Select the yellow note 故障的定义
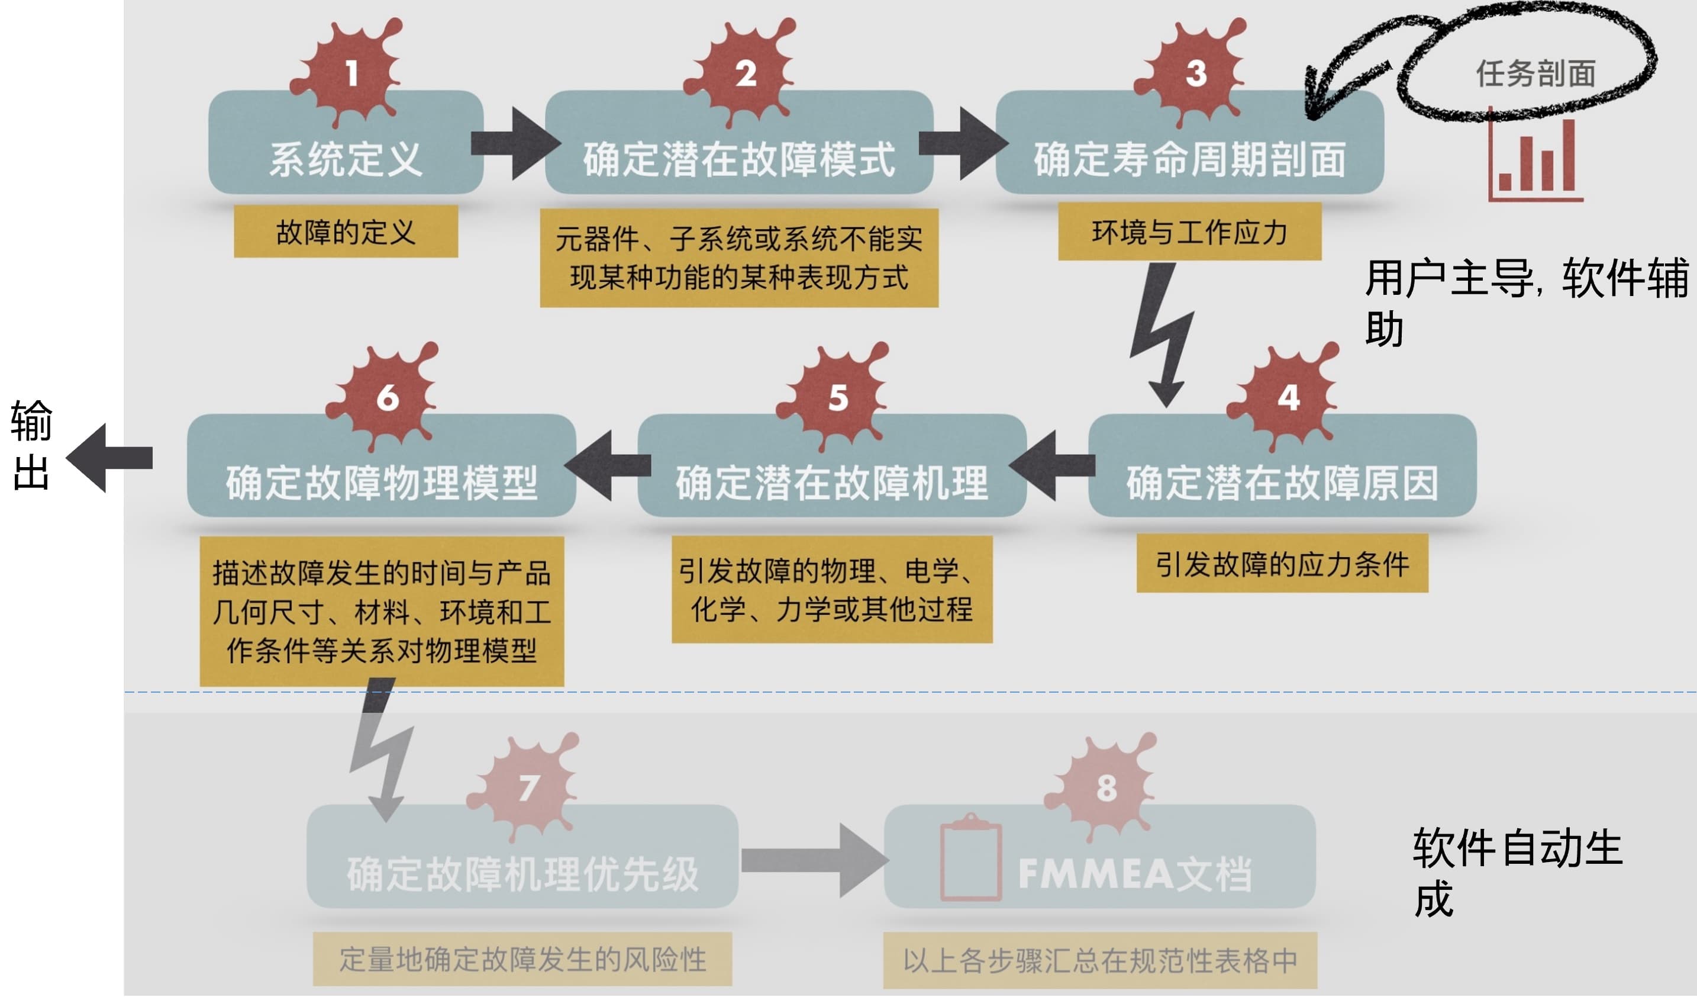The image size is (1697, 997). (346, 231)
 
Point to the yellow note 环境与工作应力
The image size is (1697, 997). (1189, 231)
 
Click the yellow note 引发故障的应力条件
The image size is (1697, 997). (1282, 564)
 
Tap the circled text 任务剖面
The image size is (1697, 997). (1535, 73)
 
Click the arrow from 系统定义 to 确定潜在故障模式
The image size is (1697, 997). (515, 143)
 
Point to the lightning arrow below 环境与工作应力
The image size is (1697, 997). (1162, 333)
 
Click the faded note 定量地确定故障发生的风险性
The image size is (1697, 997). (522, 959)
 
